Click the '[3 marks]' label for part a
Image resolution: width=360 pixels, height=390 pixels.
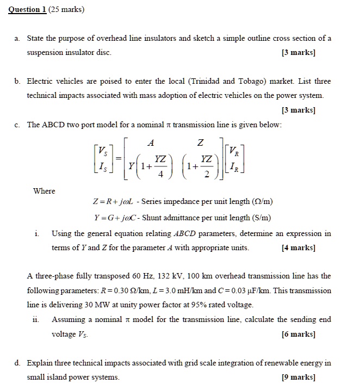(x=299, y=53)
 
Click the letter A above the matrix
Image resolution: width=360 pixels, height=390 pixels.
(x=151, y=143)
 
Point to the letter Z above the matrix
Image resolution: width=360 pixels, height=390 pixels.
(x=201, y=143)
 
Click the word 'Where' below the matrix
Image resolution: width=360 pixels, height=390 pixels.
(x=44, y=191)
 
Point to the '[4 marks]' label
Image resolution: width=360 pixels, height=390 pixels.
(x=299, y=248)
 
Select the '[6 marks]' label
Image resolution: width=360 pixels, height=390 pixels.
(x=299, y=334)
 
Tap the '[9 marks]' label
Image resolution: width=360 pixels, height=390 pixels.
(x=299, y=377)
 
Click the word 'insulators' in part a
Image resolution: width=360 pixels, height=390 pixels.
(x=157, y=39)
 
